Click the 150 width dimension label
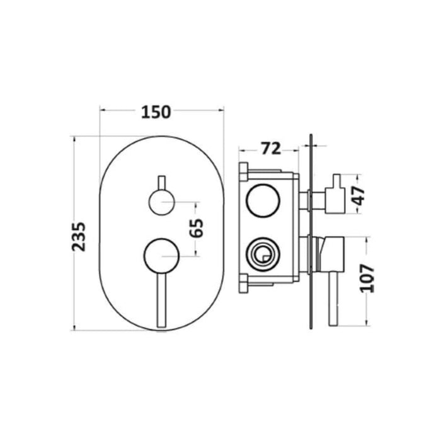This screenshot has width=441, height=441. [156, 112]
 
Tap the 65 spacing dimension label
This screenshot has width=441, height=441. [197, 227]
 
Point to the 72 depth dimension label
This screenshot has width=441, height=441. [270, 149]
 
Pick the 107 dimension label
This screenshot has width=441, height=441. [367, 278]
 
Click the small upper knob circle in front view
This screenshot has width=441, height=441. [161, 202]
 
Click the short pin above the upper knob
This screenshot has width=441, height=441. [161, 181]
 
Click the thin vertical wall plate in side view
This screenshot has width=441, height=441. [310, 233]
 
